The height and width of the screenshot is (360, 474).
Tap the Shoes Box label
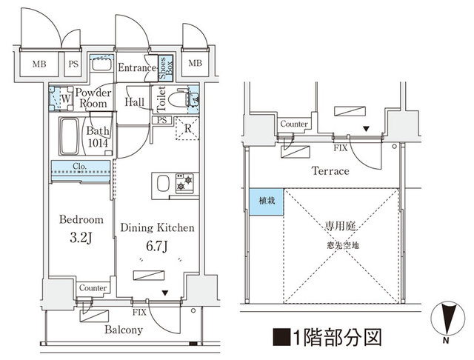[165, 69]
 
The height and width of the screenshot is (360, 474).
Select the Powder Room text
[93, 98]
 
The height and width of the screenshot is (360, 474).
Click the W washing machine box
[65, 98]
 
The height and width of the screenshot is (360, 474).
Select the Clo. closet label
[81, 166]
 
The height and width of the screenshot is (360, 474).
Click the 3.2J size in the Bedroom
[80, 238]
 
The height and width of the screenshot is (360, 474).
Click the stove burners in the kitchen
[184, 183]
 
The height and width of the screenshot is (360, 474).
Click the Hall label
[135, 101]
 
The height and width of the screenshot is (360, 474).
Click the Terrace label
[330, 171]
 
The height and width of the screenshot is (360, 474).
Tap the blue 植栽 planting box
[266, 201]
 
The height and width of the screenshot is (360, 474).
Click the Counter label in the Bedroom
[93, 288]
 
